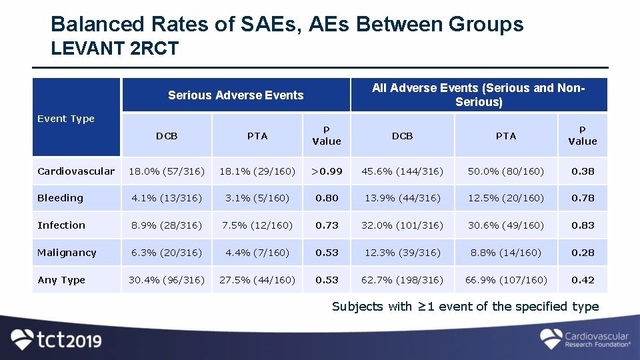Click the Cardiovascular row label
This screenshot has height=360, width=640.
[76, 171]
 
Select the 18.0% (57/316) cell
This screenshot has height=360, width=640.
[167, 171]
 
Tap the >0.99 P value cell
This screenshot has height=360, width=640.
[327, 171]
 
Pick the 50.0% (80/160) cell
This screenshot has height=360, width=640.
[506, 171]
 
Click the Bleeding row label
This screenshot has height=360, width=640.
[61, 198]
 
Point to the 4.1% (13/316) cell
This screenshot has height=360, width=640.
[167, 198]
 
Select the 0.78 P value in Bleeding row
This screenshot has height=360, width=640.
[583, 198]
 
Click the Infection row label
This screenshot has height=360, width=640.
[61, 225]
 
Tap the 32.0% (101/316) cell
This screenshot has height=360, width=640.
[402, 225]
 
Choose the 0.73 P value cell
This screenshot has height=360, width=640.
[327, 225]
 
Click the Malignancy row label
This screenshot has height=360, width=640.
[67, 253]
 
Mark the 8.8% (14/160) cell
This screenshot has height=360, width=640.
[506, 253]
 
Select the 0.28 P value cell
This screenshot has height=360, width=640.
[583, 253]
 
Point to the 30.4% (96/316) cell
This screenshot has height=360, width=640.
[167, 280]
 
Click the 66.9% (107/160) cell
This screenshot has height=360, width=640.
[506, 280]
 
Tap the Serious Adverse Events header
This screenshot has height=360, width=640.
[235, 95]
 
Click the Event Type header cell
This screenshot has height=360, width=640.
[66, 119]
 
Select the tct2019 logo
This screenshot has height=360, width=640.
[57, 339]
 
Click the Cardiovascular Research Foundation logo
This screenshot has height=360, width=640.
[585, 339]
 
